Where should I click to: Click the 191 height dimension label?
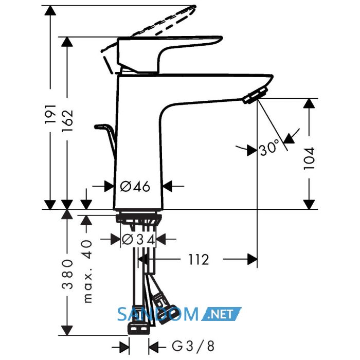click(x=50, y=114)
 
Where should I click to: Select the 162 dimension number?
click(x=67, y=120)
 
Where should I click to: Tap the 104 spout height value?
click(x=309, y=158)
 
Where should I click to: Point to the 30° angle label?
click(x=269, y=147)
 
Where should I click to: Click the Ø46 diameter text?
click(x=135, y=186)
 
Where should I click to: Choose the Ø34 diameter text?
click(x=138, y=240)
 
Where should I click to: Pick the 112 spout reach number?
click(x=199, y=260)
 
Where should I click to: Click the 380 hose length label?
click(x=67, y=274)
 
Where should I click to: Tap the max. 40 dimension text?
click(x=87, y=271)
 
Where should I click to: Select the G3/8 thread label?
click(x=193, y=346)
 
